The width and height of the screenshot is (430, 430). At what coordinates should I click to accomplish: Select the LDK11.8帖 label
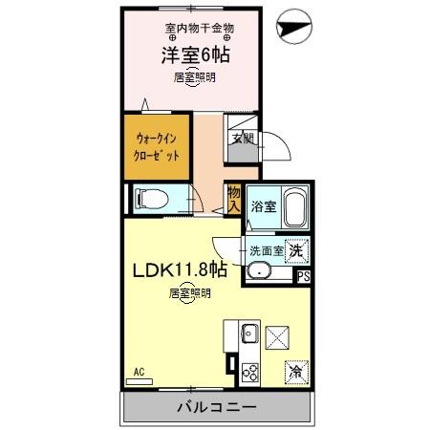click(179, 270)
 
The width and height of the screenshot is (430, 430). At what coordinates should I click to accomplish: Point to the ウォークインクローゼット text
click(155, 147)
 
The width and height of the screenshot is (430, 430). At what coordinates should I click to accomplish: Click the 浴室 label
click(263, 206)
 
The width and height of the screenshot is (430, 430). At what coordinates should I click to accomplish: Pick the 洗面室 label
click(266, 250)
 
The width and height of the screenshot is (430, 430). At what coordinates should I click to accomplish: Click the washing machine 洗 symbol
click(298, 248)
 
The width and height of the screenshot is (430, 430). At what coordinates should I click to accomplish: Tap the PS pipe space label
click(303, 277)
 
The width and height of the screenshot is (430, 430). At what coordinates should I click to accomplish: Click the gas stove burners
click(250, 372)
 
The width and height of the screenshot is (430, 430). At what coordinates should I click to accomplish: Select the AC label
click(138, 370)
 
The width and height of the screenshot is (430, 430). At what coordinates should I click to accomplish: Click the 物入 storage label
click(233, 198)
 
